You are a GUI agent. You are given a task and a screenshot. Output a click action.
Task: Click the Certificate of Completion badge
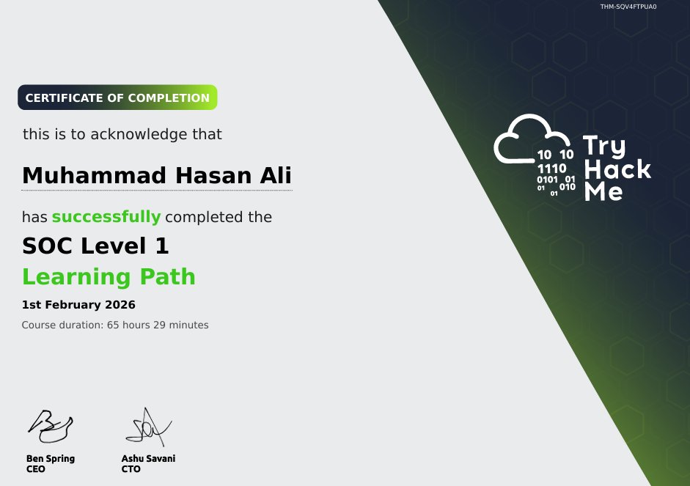point(117,97)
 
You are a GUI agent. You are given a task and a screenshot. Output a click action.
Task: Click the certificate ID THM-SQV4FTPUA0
point(628,7)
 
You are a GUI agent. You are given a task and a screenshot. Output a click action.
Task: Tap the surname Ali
point(272,177)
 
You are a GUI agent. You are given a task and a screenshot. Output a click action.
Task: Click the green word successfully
point(106,217)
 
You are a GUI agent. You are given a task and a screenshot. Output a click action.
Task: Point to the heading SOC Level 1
point(96,246)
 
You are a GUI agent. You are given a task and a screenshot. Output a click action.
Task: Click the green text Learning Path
point(109,277)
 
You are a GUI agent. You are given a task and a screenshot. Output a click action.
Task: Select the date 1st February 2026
point(78,305)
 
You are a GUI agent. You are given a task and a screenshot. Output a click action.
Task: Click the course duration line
point(115,325)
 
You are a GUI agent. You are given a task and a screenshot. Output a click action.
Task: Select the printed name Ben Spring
point(50,459)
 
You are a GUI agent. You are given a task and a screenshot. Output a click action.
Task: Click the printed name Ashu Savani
point(148,459)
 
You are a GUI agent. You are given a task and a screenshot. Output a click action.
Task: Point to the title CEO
point(35,469)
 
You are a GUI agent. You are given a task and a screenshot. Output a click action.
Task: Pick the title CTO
point(131,469)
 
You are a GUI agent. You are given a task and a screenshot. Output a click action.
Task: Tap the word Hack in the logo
point(616,170)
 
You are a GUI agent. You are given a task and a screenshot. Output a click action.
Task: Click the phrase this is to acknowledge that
point(122,135)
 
